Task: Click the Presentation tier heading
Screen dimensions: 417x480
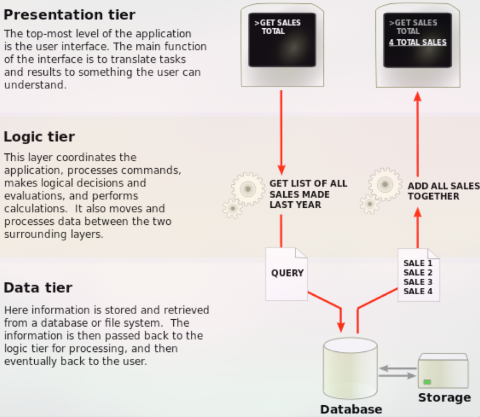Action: pyautogui.click(x=69, y=14)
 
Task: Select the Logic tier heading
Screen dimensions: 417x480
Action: pyautogui.click(x=39, y=137)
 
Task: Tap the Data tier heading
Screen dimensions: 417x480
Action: pyautogui.click(x=38, y=288)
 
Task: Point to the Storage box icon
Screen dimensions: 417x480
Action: pyautogui.click(x=443, y=371)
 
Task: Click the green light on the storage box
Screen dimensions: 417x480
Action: pyautogui.click(x=427, y=382)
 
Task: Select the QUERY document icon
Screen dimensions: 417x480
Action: pyautogui.click(x=287, y=273)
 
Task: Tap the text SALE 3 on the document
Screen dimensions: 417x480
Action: pyautogui.click(x=418, y=282)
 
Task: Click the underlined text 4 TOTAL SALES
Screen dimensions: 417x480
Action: pyautogui.click(x=417, y=42)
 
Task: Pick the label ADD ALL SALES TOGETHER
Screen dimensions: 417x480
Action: pyautogui.click(x=443, y=191)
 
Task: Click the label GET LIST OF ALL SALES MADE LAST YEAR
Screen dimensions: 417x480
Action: pyautogui.click(x=308, y=194)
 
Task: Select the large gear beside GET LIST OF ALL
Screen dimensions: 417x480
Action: pyautogui.click(x=247, y=188)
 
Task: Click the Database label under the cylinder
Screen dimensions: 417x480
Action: pyautogui.click(x=351, y=410)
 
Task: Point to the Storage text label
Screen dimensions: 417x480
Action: pyautogui.click(x=444, y=397)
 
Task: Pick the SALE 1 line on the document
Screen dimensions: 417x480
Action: pyautogui.click(x=418, y=263)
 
